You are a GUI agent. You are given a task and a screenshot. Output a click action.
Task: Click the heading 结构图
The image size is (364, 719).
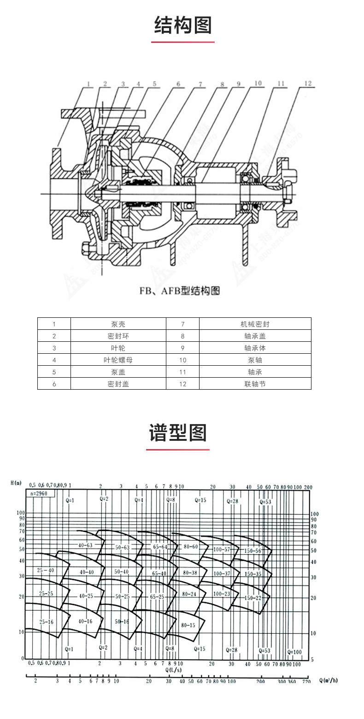[182, 25]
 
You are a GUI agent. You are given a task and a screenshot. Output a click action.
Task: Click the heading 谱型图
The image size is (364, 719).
[178, 433]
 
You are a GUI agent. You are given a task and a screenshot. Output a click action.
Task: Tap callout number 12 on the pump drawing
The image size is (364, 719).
[308, 83]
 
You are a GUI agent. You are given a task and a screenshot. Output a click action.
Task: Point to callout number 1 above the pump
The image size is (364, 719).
[88, 84]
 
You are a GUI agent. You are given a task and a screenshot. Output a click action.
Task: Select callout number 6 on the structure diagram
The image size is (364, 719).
[178, 84]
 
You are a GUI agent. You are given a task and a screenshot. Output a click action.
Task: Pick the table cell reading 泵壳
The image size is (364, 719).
[117, 324]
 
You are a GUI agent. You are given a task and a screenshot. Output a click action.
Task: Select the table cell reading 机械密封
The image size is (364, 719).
[255, 324]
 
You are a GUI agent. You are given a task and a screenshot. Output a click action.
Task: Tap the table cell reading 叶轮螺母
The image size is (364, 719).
[117, 360]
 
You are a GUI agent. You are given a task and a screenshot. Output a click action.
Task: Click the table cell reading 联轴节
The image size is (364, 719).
[255, 384]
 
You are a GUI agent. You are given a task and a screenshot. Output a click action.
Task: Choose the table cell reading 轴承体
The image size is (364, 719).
[255, 348]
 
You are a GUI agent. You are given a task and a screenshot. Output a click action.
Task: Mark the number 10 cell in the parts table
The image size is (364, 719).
[182, 360]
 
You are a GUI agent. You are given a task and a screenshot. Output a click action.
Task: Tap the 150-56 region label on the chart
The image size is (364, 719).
[253, 551]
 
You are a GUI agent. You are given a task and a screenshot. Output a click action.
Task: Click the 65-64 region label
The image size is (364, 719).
[160, 547]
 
